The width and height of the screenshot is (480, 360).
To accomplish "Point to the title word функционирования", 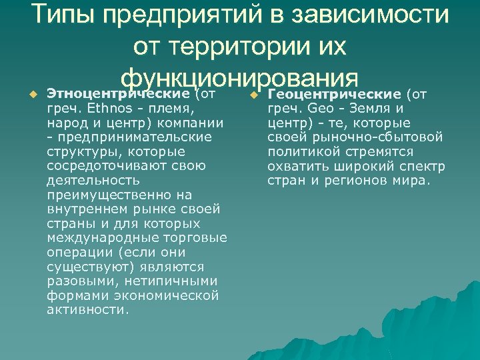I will pos(240,74).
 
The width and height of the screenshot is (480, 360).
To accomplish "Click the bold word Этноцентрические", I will pos(119,93).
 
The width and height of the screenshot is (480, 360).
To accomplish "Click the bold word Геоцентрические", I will pos(335,93).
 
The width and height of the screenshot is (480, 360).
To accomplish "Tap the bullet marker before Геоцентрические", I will pos(252,94).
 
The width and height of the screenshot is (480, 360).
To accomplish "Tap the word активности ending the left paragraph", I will pos(87,310).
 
